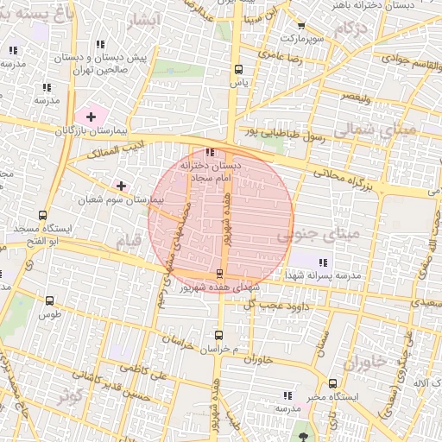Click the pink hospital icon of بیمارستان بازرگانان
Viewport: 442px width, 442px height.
tap(91, 116)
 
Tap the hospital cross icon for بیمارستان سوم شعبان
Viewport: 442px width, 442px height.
tap(121, 186)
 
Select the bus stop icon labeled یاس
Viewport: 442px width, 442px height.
tap(238, 69)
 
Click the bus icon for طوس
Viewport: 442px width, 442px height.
tap(48, 301)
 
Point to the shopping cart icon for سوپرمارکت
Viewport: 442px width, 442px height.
tap(300, 27)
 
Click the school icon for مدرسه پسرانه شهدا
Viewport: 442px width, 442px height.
tap(322, 262)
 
